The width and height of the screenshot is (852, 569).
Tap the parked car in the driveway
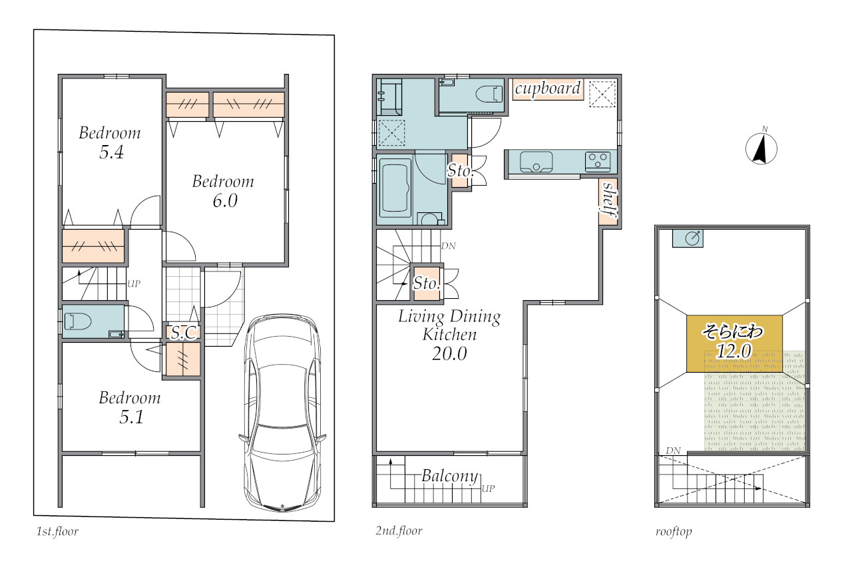tap(282, 413)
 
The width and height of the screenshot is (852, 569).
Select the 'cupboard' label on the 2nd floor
tap(548, 89)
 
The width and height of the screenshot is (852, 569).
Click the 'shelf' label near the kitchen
tap(609, 200)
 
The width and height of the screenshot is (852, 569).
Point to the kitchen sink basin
tap(536, 162)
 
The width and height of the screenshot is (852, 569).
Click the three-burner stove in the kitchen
tap(598, 161)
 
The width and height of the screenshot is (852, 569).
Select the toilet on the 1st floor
tap(78, 321)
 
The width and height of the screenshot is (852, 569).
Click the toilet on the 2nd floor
tap(489, 94)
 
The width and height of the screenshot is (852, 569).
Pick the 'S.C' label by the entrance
tap(184, 333)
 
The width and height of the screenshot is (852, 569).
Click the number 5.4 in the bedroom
tap(111, 152)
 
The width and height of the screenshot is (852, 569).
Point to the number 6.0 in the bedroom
tap(225, 201)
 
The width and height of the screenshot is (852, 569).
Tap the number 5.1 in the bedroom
tap(132, 417)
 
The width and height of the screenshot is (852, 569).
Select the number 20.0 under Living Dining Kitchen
tap(449, 354)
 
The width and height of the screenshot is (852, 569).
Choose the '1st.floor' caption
tap(57, 531)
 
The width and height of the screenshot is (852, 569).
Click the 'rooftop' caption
tap(674, 531)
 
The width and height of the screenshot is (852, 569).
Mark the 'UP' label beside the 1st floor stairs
tap(134, 284)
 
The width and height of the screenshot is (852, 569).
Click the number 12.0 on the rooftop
tap(734, 351)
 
